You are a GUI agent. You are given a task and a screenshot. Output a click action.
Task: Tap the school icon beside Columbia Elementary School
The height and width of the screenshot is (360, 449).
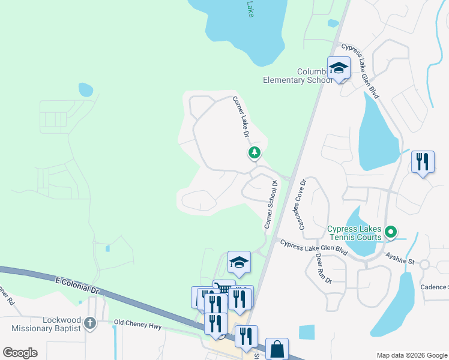[x=339, y=68]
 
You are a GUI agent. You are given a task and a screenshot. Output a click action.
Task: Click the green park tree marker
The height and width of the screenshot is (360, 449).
[x=255, y=154]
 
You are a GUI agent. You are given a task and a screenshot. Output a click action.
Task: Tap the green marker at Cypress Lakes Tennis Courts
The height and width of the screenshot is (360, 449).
[x=391, y=231]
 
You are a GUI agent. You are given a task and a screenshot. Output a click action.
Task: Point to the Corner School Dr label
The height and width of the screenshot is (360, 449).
[x=271, y=205]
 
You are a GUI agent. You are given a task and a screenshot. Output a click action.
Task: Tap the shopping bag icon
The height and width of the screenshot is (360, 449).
[x=277, y=349]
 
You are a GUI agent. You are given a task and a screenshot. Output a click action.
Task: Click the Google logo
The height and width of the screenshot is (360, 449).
[x=20, y=353]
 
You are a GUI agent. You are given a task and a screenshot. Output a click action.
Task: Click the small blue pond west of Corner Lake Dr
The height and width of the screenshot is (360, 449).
[x=86, y=89]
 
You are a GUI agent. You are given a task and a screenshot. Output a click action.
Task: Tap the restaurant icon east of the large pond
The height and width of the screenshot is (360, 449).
[x=423, y=162]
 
